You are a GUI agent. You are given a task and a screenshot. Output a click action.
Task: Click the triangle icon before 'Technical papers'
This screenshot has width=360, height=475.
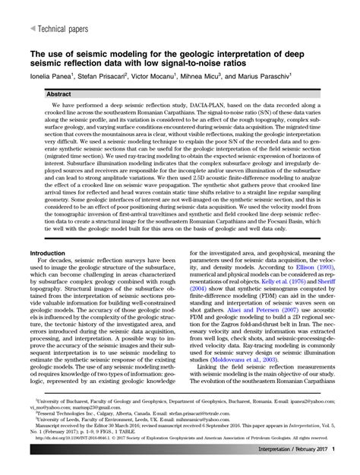click(x=32, y=27)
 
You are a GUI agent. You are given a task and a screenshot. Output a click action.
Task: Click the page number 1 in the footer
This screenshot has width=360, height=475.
click(x=332, y=451)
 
